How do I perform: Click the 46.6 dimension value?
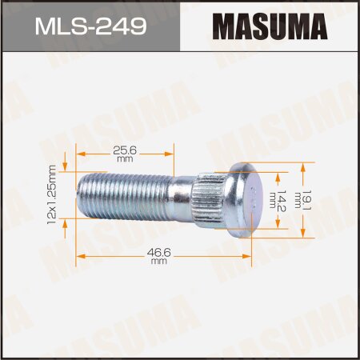coord(159,252)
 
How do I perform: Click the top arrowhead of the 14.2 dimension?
coord(278,174)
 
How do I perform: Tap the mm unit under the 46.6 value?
coord(159,262)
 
